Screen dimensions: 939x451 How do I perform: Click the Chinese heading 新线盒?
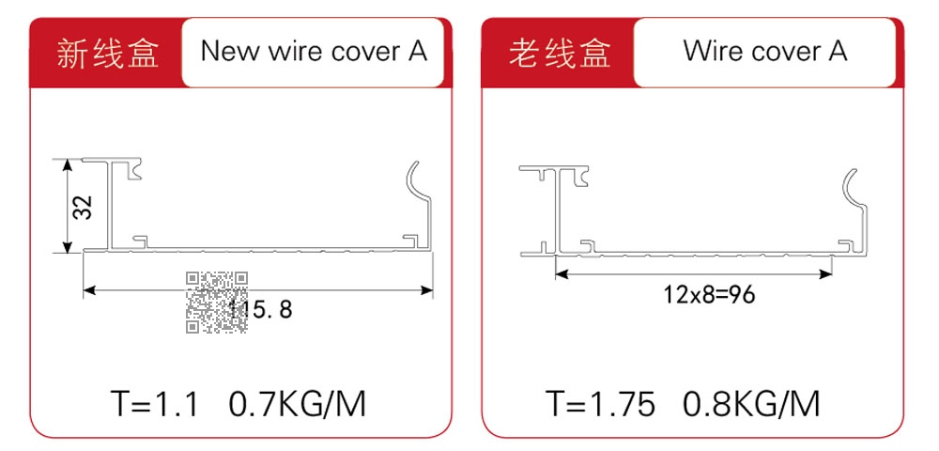coord(108,54)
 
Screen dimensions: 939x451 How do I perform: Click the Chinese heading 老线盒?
coord(560,54)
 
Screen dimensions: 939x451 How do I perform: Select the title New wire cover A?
coord(315,52)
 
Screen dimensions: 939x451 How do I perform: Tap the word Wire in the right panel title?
coord(714,52)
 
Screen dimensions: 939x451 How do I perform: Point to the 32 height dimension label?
coord(83,207)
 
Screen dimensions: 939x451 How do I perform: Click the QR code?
coord(216,302)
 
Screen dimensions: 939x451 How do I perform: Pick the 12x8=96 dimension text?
coord(709,295)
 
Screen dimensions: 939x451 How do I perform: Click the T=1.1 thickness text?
coord(155,404)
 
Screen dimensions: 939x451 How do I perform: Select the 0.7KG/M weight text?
coord(297,404)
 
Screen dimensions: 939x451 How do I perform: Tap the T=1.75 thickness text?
coord(601,404)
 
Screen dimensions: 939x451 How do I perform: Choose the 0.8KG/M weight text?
coord(751,404)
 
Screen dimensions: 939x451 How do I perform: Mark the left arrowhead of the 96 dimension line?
coord(562,274)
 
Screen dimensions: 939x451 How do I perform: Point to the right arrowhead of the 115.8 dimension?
coord(427,290)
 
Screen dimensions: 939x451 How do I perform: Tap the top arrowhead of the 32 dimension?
coord(68,165)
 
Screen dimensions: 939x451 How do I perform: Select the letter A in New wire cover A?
coord(418,52)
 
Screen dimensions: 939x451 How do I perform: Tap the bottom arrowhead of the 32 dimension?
coord(68,247)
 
